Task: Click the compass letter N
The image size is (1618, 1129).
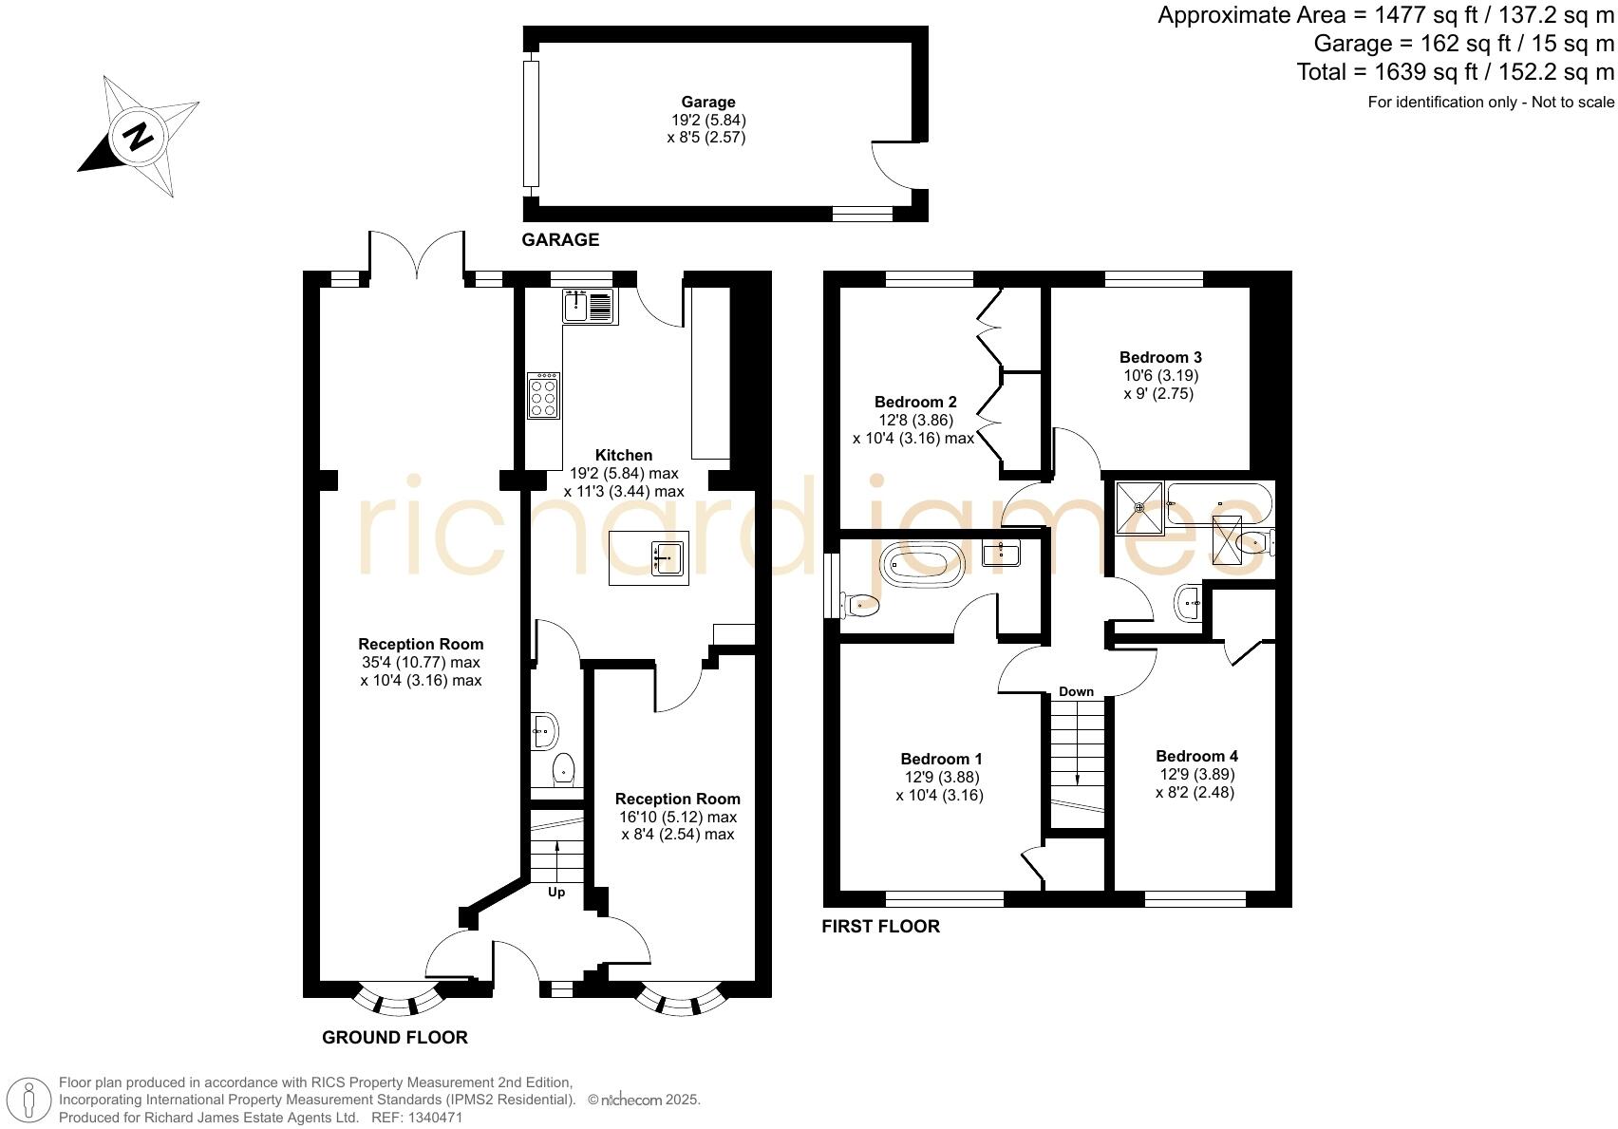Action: point(140,137)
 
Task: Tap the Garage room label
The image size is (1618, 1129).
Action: point(707,103)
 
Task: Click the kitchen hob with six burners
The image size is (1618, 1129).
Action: point(543,396)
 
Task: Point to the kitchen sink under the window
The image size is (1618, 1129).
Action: point(589,306)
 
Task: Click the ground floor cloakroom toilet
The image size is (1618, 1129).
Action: point(564,768)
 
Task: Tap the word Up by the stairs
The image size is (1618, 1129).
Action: point(556,893)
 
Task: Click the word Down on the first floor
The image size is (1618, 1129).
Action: point(1076,691)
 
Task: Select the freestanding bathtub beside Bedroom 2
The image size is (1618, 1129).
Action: point(922,565)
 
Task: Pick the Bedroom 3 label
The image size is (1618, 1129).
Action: point(1160,358)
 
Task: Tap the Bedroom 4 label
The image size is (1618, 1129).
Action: point(1196,757)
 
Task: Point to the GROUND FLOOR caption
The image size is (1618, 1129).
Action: point(395,1038)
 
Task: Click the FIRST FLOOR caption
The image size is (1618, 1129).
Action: point(880,927)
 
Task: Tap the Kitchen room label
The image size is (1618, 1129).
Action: point(624,456)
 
